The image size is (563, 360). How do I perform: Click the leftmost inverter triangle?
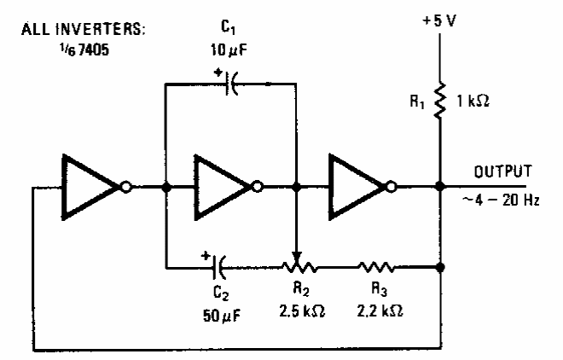(x=90, y=187)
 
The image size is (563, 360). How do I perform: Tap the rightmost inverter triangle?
(x=358, y=187)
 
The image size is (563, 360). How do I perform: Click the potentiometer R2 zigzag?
(x=298, y=267)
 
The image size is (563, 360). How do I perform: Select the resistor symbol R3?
(x=380, y=267)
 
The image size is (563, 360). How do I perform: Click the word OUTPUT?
(x=503, y=171)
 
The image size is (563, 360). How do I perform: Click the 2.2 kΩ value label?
(x=380, y=309)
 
